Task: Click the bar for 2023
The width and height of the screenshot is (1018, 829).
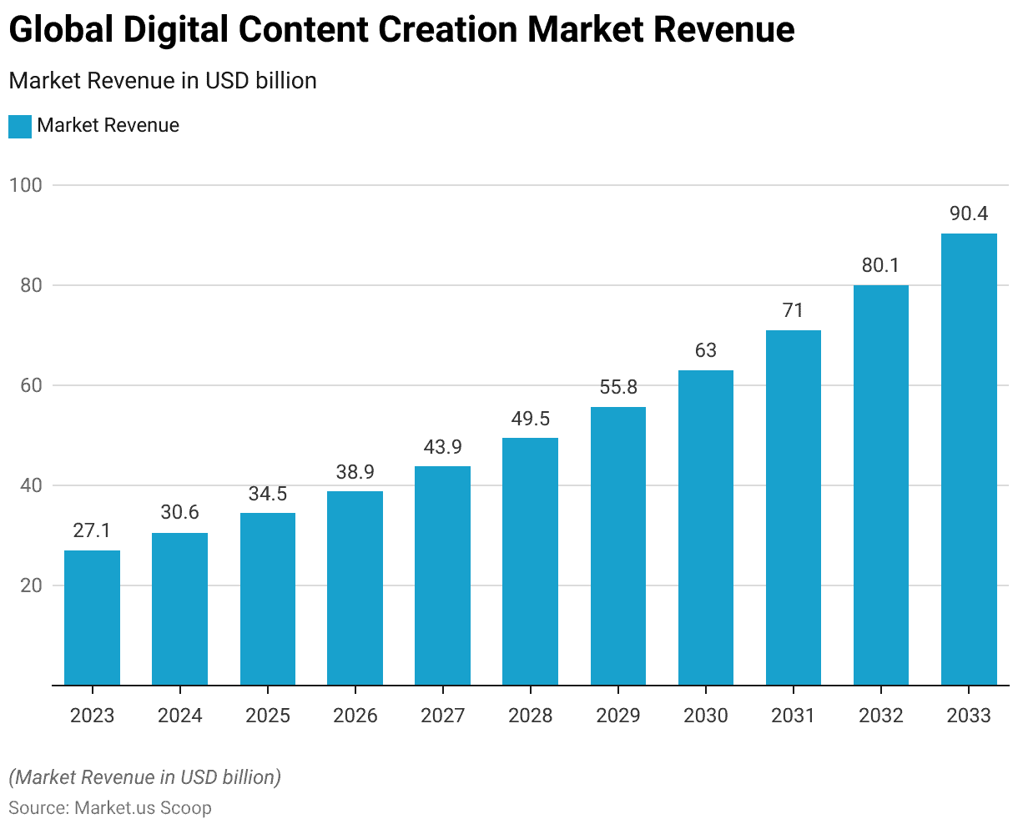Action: click(x=92, y=617)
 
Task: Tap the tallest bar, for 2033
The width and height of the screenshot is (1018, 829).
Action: click(x=969, y=459)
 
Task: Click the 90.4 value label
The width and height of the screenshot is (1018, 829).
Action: click(x=969, y=214)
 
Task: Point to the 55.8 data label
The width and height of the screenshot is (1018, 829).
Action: click(x=618, y=388)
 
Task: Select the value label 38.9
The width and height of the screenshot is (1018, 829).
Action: click(x=355, y=472)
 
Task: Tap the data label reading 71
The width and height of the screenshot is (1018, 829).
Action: click(x=793, y=311)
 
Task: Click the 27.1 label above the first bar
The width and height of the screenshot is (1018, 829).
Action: click(x=92, y=531)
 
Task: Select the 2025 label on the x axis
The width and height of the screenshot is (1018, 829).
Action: click(x=268, y=716)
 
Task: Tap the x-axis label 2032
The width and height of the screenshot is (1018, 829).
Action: click(x=881, y=716)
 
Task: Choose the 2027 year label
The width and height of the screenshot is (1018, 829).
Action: click(x=443, y=716)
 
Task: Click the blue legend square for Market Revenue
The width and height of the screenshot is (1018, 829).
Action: click(x=20, y=126)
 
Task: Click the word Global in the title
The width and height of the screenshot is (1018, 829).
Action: click(x=61, y=30)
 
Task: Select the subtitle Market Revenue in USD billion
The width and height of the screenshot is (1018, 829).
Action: click(x=163, y=81)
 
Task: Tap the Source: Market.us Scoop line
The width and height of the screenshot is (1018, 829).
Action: click(x=110, y=807)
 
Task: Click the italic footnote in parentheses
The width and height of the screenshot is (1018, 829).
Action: click(x=145, y=777)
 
